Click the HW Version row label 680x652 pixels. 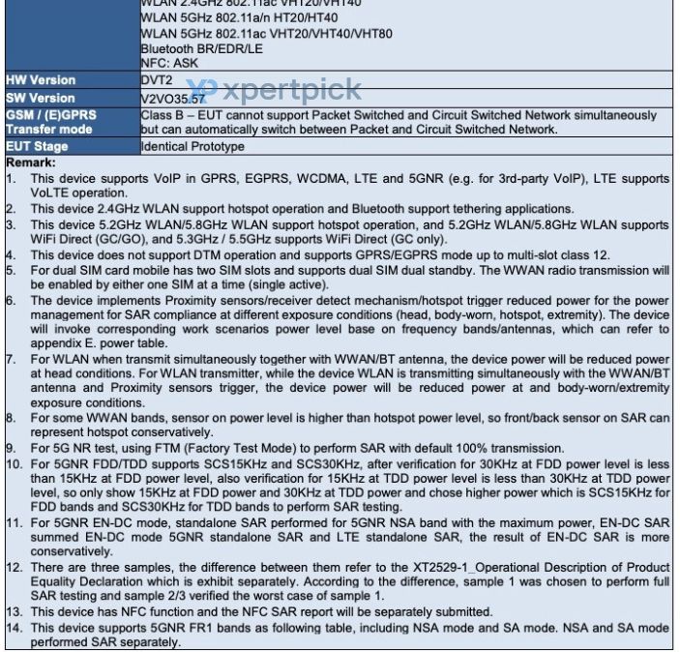pyautogui.click(x=41, y=80)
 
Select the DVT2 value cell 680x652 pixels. pyautogui.click(x=157, y=80)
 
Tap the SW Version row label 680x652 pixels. pyautogui.click(x=41, y=98)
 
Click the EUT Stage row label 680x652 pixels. pyautogui.click(x=38, y=147)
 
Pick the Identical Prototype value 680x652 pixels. pyautogui.click(x=192, y=147)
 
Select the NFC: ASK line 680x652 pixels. pyautogui.click(x=169, y=63)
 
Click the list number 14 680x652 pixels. pyautogui.click(x=13, y=628)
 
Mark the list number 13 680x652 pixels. pyautogui.click(x=13, y=612)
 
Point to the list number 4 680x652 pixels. pyautogui.click(x=11, y=254)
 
